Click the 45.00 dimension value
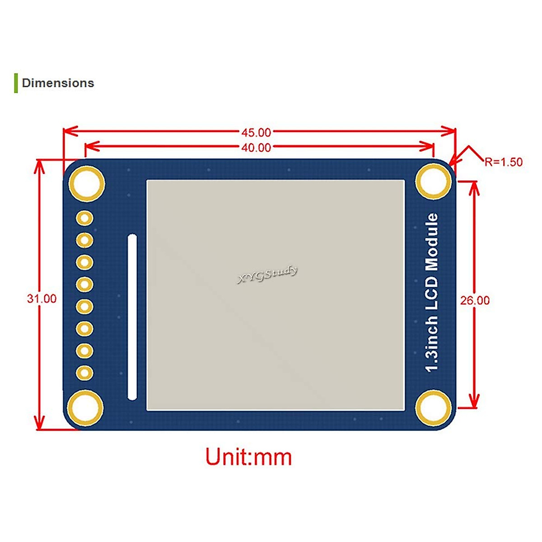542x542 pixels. pos(256,132)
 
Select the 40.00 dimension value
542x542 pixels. pos(256,148)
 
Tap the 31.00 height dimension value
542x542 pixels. pos(42,299)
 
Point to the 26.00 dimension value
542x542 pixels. pos(475,300)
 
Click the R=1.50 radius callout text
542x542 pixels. pos(504,162)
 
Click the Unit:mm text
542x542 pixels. pos(249,457)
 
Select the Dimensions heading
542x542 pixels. pos(58,83)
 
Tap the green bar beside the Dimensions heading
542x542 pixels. pos(16,83)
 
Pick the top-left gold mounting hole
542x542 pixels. pos(86,183)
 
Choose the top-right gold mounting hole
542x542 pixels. pos(433,181)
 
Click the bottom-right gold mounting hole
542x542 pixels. pos(433,407)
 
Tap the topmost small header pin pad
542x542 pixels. pos(85,219)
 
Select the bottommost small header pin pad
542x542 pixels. pos(85,373)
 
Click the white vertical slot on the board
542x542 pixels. pos(132,317)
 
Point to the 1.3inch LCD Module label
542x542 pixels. pos(432,293)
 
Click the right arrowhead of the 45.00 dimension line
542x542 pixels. pos(450,131)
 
